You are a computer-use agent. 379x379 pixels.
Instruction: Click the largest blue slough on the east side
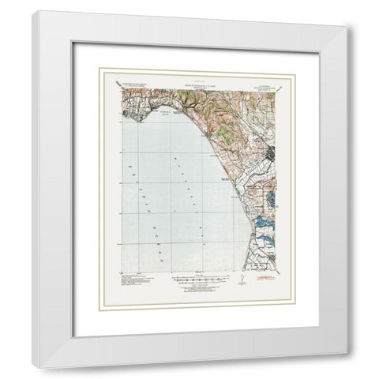click(x=261, y=226)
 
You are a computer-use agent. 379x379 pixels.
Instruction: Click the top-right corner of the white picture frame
click(x=344, y=26)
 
